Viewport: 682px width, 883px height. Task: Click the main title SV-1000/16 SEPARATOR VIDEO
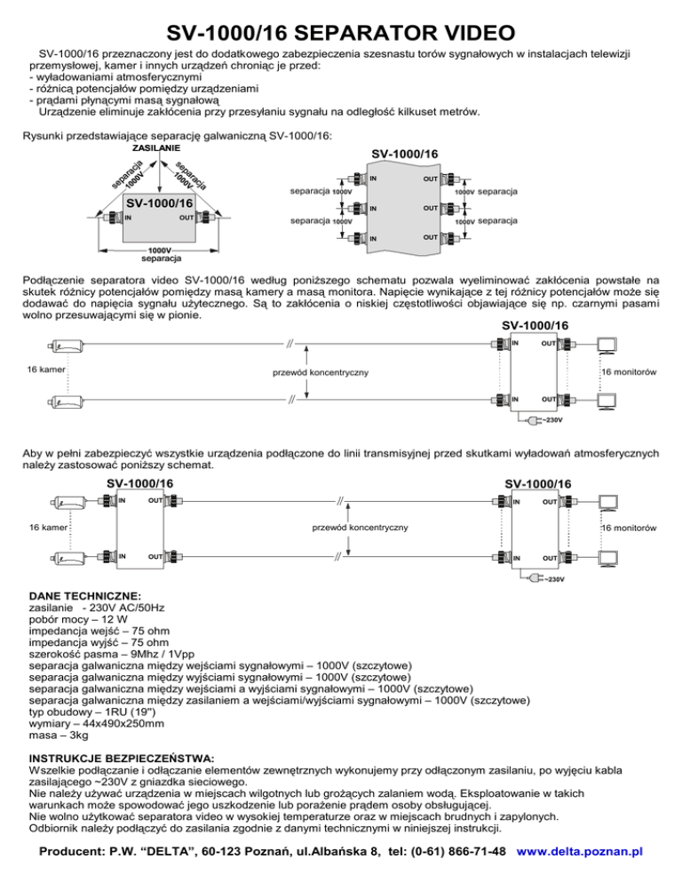pyautogui.click(x=340, y=34)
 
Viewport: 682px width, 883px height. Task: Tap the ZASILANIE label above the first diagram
pyautogui.click(x=157, y=147)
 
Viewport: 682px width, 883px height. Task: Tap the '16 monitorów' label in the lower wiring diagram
pyautogui.click(x=627, y=528)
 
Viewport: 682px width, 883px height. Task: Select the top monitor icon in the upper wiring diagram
pyautogui.click(x=608, y=345)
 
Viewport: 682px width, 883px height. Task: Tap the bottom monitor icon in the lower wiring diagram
pyautogui.click(x=608, y=557)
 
